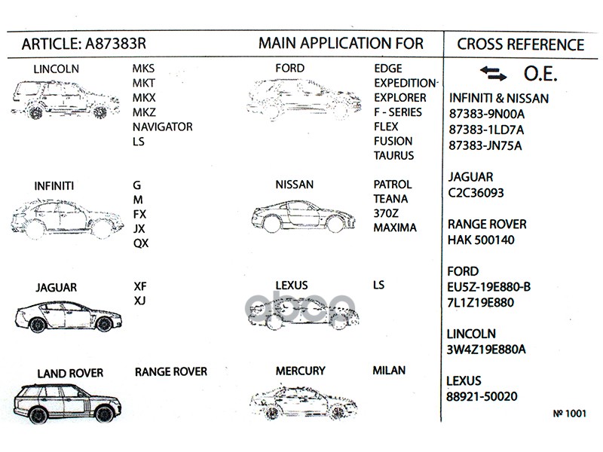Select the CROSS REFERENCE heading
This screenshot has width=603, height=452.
pos(520,44)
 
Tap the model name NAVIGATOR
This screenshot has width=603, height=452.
pos(162,127)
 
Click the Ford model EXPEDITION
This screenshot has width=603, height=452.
pos(406,83)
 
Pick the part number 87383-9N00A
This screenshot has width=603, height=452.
pos(486,114)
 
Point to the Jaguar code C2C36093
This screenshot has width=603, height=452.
pos(476,193)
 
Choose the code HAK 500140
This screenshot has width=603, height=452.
pos(482,240)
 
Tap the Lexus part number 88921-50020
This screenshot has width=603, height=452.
pos(482,396)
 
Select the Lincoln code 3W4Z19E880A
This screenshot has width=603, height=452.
pos(487,350)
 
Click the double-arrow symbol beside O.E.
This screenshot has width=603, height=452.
pos(493,74)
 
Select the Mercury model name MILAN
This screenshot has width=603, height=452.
pos(389,371)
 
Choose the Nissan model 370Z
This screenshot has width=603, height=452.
pos(387,213)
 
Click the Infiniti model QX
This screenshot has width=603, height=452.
pos(141,243)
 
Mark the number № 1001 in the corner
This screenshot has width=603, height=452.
pos(570,413)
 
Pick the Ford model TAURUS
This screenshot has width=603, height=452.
pos(394,156)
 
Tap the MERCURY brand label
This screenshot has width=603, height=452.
pos(300,371)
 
